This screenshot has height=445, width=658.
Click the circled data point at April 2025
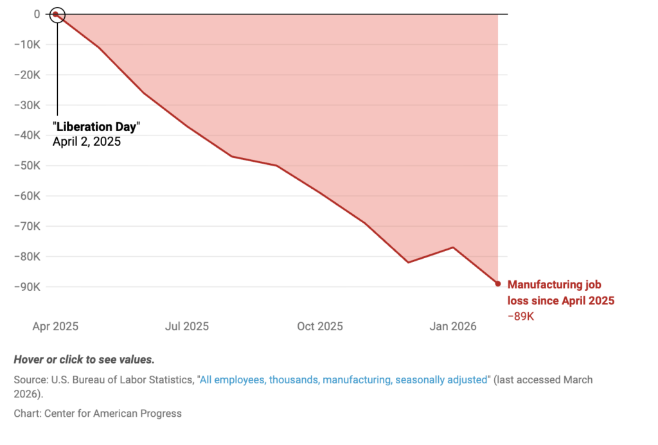[x=57, y=14]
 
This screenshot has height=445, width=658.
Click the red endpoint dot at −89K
[x=497, y=283]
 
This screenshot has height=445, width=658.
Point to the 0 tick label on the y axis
[x=37, y=14]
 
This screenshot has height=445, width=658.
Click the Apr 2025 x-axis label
[x=55, y=326]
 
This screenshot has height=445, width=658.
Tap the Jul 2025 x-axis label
[x=187, y=326]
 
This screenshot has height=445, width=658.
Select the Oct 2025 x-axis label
[x=320, y=326]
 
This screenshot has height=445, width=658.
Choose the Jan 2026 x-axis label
[x=453, y=326]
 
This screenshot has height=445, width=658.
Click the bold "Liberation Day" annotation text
[x=96, y=127]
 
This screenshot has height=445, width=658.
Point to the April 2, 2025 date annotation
[x=87, y=141]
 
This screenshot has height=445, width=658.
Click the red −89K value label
[x=521, y=316]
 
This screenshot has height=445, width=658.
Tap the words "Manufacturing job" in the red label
[x=555, y=285]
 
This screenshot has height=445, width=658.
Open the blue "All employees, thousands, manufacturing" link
[x=344, y=380]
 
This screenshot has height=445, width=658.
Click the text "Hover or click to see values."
[x=84, y=360]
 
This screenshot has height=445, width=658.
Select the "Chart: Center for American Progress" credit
[x=98, y=414]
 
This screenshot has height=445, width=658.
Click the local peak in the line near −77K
[x=453, y=247]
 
